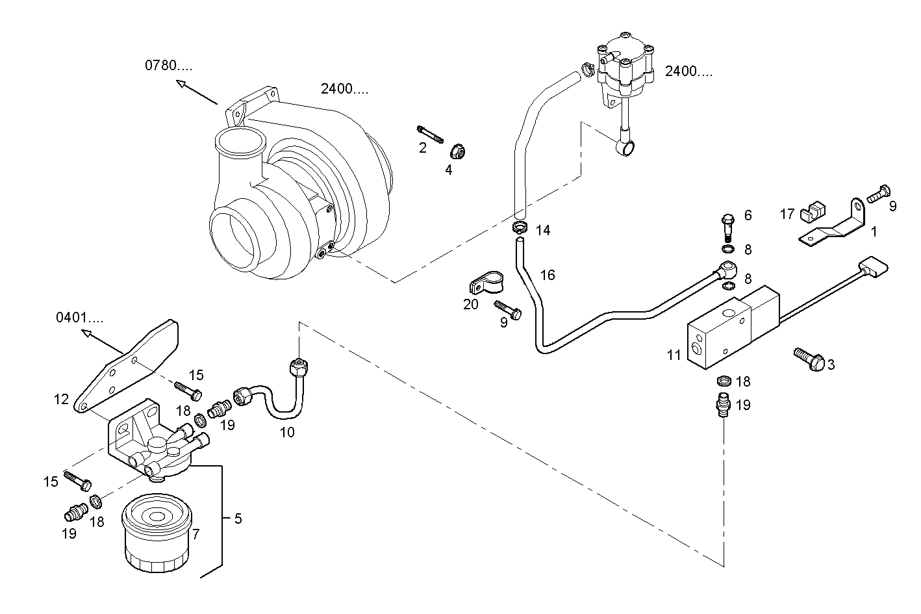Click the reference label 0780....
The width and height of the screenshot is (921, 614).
tap(168, 65)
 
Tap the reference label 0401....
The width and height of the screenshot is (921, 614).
tap(79, 318)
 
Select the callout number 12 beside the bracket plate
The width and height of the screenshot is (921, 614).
tap(61, 399)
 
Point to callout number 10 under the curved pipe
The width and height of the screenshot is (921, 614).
tap(287, 432)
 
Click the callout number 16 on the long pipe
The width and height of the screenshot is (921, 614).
tap(548, 275)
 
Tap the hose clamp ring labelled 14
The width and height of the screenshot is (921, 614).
tap(520, 227)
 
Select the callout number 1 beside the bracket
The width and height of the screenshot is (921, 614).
tap(874, 231)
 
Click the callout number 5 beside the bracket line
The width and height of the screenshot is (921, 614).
tap(238, 518)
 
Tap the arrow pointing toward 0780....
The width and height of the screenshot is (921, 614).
tap(196, 92)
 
